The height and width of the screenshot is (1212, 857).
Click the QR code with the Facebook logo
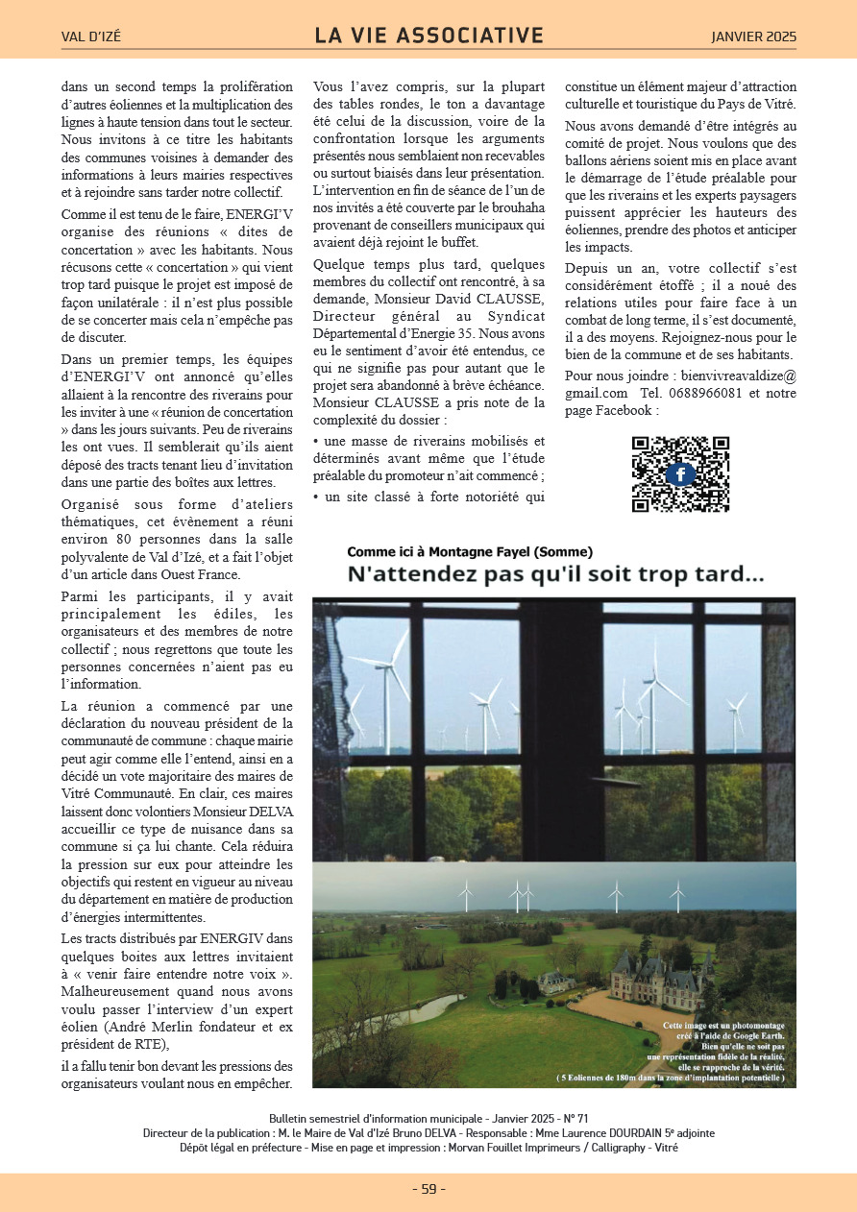pyautogui.click(x=680, y=474)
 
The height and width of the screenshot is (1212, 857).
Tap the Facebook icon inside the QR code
pyautogui.click(x=680, y=474)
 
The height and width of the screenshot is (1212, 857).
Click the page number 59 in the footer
pyautogui.click(x=428, y=1189)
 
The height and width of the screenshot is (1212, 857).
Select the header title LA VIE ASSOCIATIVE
pyautogui.click(x=428, y=36)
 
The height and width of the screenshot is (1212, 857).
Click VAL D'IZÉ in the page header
pyautogui.click(x=91, y=37)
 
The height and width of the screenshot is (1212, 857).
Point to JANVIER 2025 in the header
pyautogui.click(x=753, y=37)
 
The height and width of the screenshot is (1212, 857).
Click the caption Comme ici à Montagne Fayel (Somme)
pyautogui.click(x=470, y=551)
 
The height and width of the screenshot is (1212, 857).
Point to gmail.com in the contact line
pyautogui.click(x=596, y=394)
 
